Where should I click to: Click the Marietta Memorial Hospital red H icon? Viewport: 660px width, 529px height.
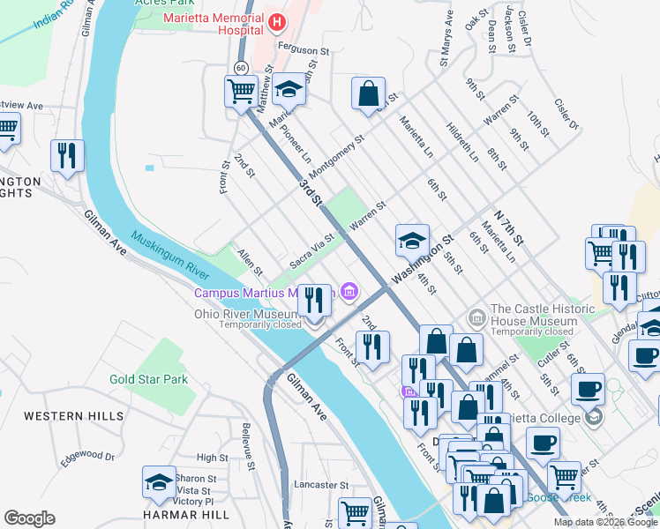coord(277,21)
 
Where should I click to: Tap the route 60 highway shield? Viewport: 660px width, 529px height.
coord(241,68)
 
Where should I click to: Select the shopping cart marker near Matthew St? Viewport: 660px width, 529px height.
coord(241,91)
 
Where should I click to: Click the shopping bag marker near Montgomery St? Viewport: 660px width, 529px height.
coord(368,93)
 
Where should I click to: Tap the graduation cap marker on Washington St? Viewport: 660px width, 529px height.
coord(412,239)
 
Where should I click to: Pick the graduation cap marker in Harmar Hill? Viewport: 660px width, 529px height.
coord(160,482)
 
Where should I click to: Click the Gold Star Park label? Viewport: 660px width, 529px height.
coord(149,379)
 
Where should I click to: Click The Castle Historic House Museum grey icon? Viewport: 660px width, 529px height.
coord(476,316)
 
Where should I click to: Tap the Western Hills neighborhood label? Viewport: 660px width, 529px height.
coord(62,415)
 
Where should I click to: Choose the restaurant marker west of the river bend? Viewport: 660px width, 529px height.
coord(67,156)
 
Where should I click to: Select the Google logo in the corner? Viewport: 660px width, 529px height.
coord(30,518)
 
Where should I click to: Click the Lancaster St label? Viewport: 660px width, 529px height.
coord(322,485)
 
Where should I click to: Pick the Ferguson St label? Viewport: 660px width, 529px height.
coord(303,51)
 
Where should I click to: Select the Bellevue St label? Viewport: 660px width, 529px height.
coord(249,445)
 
